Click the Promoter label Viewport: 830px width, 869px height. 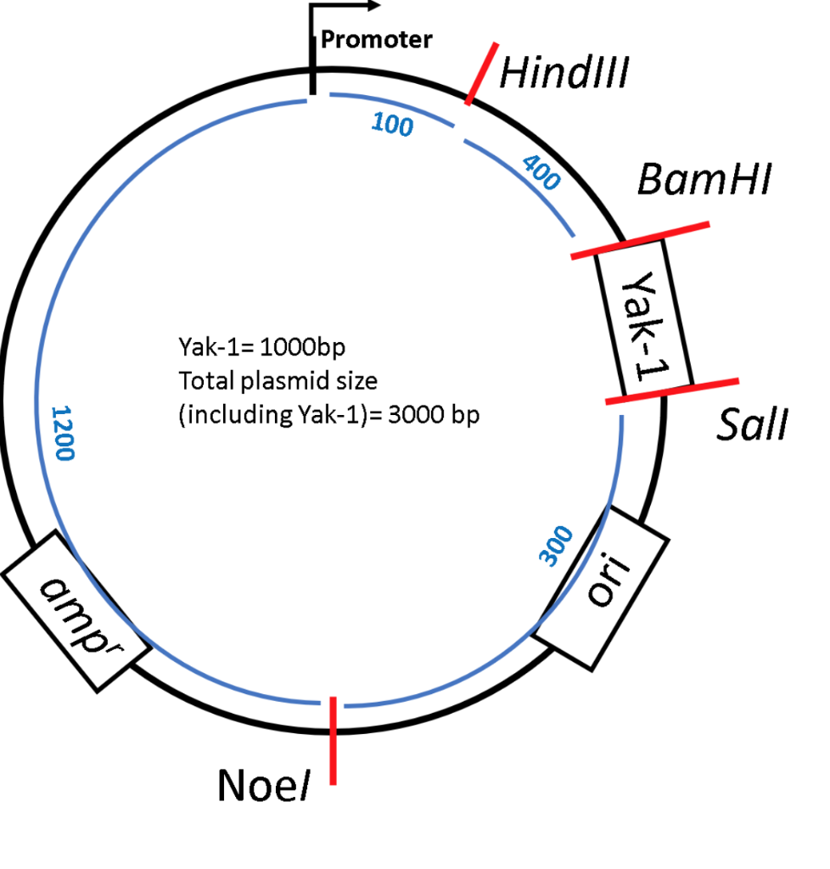[x=376, y=39]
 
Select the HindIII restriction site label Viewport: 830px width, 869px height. [x=563, y=74]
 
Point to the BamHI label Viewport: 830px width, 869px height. [x=704, y=181]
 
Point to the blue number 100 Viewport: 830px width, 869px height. [x=392, y=126]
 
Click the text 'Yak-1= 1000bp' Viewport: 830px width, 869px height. [x=261, y=348]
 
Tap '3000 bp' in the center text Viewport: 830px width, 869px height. [x=442, y=418]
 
